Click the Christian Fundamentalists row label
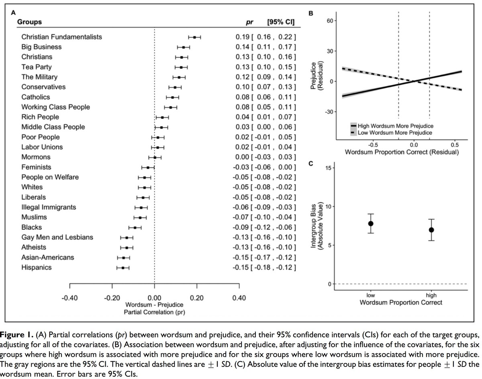pos(61,37)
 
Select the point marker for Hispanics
pos(123,268)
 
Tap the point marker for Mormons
pos(155,157)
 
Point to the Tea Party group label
pos(37,67)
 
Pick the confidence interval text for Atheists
pos(273,247)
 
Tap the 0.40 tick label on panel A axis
pos(239,298)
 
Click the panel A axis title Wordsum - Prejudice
pos(154,305)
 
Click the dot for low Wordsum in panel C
pos(371,224)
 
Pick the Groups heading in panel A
pos(29,22)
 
